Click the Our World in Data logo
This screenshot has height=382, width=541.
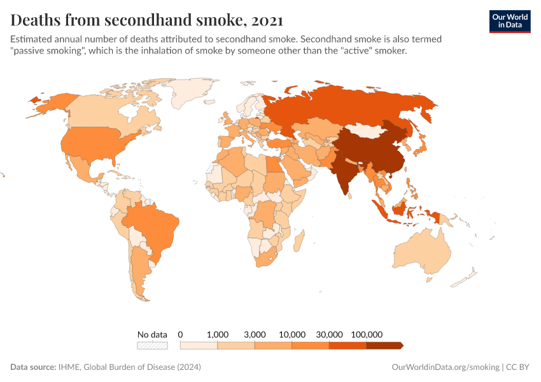point(509,21)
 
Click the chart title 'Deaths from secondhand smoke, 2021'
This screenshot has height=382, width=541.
point(147,20)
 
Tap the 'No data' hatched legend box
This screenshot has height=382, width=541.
point(152,346)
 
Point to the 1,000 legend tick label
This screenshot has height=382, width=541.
point(218,334)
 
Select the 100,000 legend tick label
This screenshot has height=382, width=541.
point(367,334)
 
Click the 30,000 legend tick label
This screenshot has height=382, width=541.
point(329,334)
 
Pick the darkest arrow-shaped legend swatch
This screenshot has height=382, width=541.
point(384,346)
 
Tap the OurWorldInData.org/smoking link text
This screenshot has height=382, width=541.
point(445,367)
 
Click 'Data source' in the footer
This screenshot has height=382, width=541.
point(33,367)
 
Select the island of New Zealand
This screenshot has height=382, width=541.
point(470,276)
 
